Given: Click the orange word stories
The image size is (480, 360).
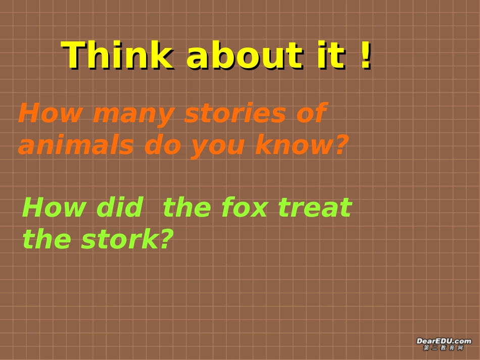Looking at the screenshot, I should click(x=236, y=113).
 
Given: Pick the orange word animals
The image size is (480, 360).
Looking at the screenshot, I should click(x=76, y=145).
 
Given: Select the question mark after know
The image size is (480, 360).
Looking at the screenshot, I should click(x=342, y=145).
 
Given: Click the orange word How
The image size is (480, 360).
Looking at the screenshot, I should click(x=50, y=113).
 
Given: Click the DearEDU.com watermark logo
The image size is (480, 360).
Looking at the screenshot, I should click(x=444, y=341).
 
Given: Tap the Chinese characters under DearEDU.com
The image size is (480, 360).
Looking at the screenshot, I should click(x=444, y=348).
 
